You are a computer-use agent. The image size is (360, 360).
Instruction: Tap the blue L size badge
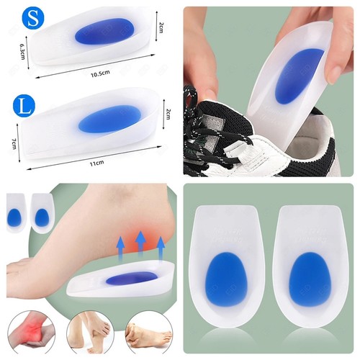(24, 106)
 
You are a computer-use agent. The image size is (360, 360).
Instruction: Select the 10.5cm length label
(100, 73)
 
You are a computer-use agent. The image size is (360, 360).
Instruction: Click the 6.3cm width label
(22, 52)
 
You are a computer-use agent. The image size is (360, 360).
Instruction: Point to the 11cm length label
(97, 163)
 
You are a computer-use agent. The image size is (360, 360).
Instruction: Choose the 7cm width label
(14, 143)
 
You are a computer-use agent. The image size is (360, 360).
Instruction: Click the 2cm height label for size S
(161, 27)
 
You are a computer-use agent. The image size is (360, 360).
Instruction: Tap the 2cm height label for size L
(168, 114)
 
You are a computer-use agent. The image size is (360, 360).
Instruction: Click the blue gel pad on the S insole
(104, 32)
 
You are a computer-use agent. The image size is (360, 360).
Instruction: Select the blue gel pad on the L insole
(109, 120)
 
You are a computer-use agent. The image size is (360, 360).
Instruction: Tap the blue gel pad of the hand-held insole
(299, 76)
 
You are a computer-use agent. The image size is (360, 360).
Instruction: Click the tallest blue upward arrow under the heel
(141, 242)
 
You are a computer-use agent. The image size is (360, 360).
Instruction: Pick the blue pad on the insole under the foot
(132, 279)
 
